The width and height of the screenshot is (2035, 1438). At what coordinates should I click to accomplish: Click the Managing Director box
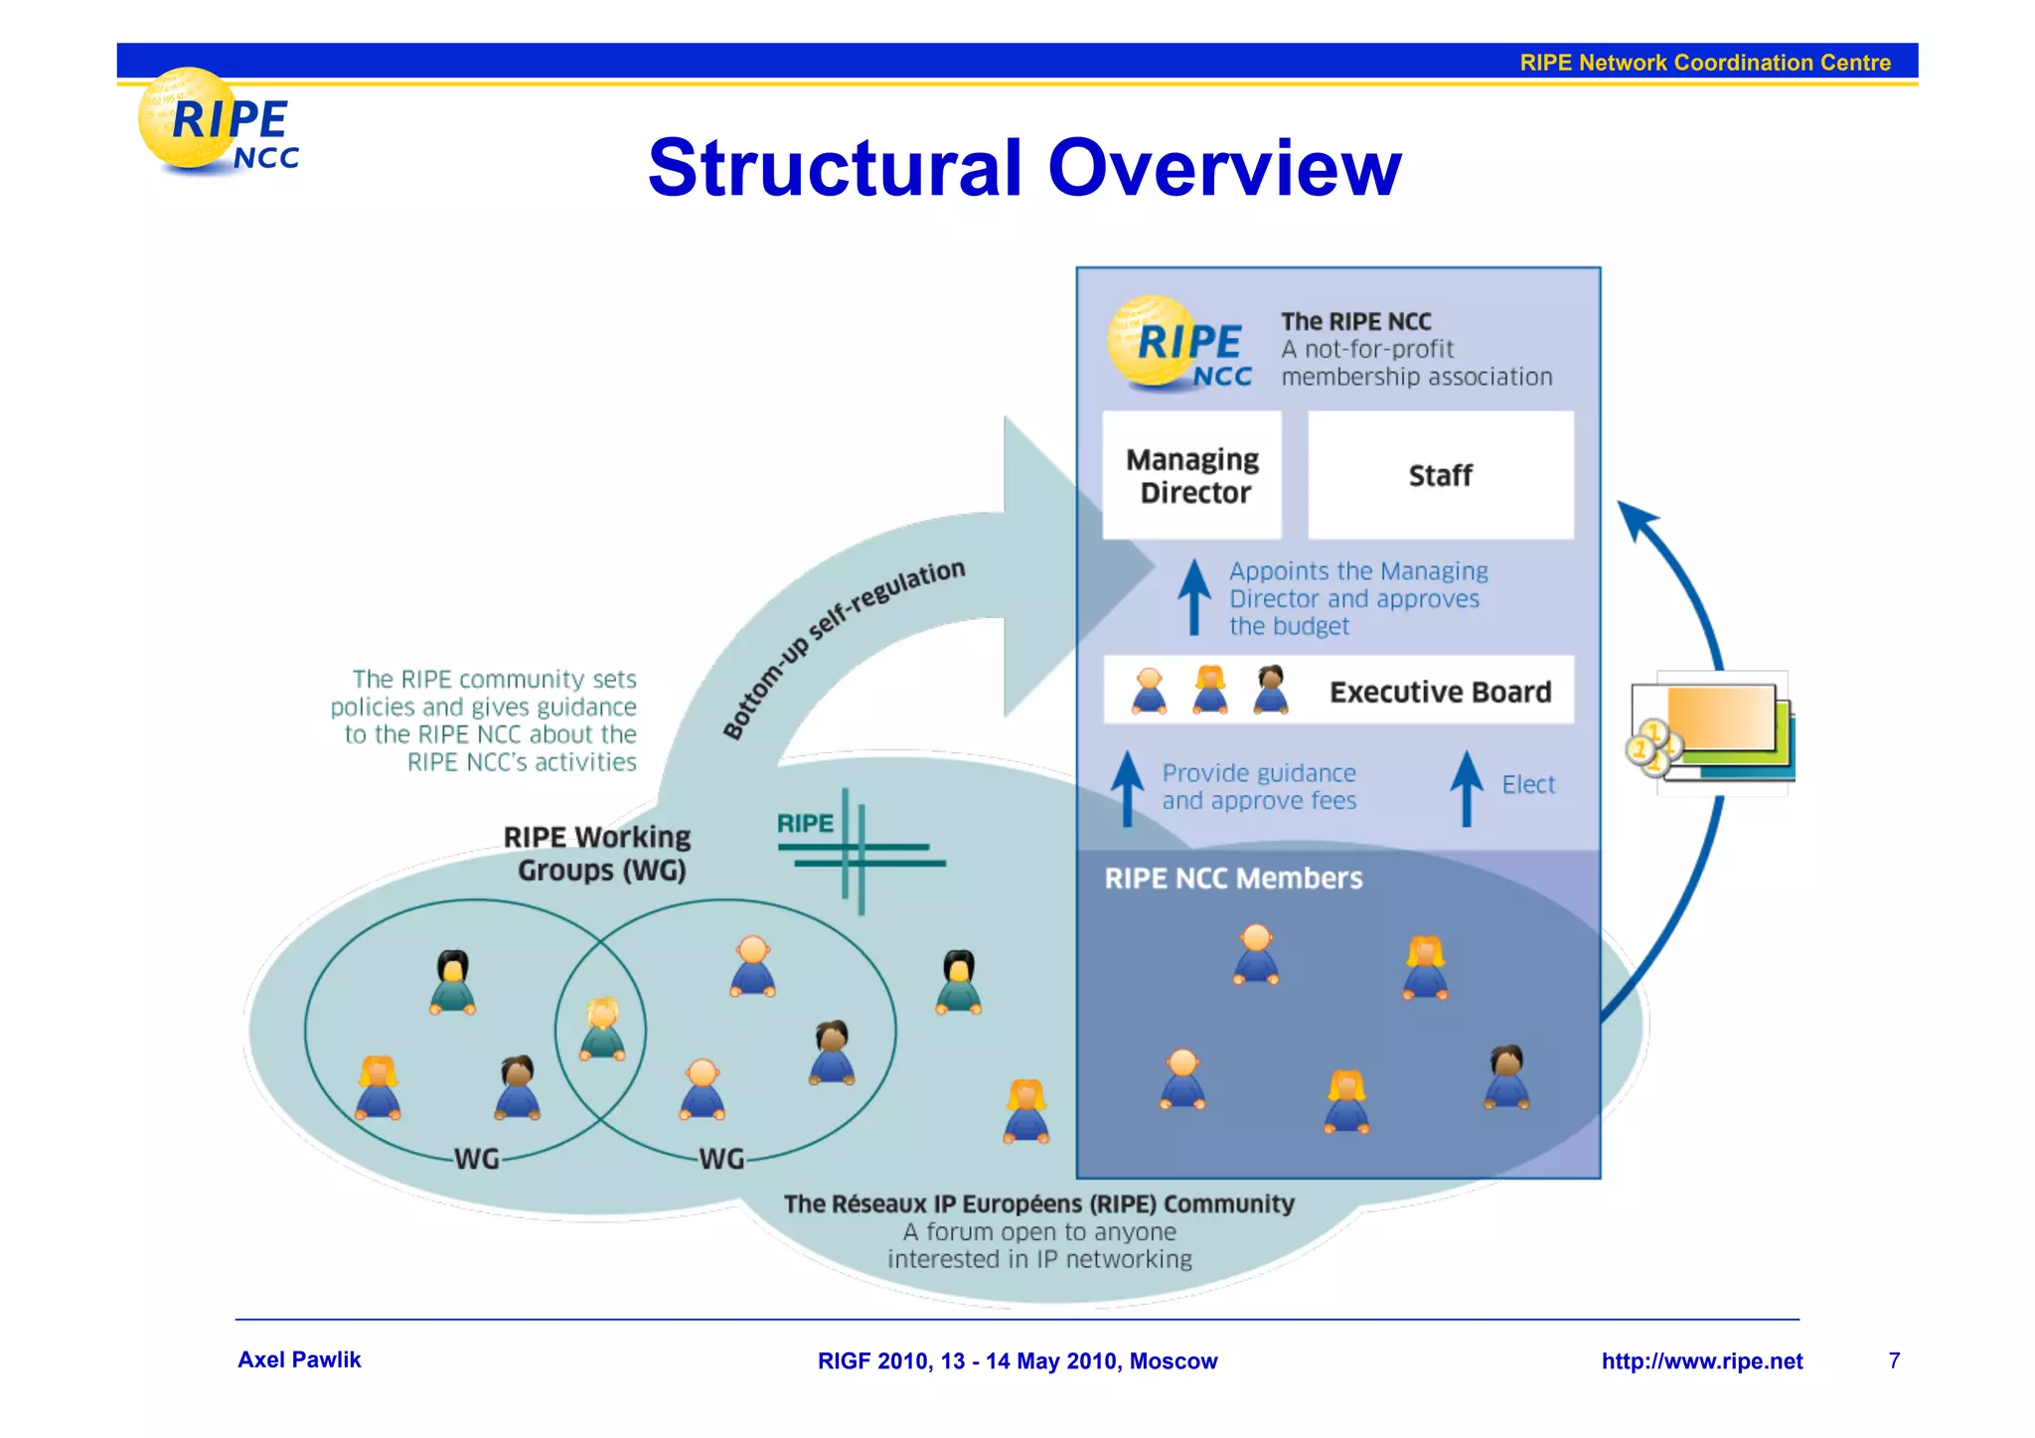click(1191, 475)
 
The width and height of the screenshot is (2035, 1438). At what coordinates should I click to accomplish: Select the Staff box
click(1440, 475)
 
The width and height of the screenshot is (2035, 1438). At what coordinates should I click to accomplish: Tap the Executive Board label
click(1440, 692)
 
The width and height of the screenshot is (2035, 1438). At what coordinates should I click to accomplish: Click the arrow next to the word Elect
click(1466, 787)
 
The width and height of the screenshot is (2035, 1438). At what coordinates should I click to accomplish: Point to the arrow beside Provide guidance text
click(1127, 787)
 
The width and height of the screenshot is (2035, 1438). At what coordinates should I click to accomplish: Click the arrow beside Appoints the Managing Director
click(1193, 596)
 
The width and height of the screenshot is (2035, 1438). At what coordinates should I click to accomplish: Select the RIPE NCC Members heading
click(1233, 879)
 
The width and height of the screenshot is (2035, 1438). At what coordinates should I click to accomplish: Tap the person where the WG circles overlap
click(602, 1029)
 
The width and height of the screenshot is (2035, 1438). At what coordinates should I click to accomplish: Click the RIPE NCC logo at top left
click(219, 125)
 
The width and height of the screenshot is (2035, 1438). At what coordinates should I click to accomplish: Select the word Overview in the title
click(1224, 168)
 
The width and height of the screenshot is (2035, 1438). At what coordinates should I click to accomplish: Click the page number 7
click(1894, 1360)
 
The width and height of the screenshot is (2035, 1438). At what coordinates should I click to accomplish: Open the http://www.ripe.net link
click(1701, 1361)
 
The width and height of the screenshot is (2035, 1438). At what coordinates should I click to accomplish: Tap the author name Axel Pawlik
click(299, 1359)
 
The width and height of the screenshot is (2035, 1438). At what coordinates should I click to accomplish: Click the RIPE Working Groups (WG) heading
click(597, 854)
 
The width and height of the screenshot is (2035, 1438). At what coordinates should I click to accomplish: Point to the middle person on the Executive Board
click(1209, 690)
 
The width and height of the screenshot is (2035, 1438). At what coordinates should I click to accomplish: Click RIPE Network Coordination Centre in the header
click(1704, 63)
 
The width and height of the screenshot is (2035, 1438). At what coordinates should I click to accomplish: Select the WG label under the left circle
click(476, 1159)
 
